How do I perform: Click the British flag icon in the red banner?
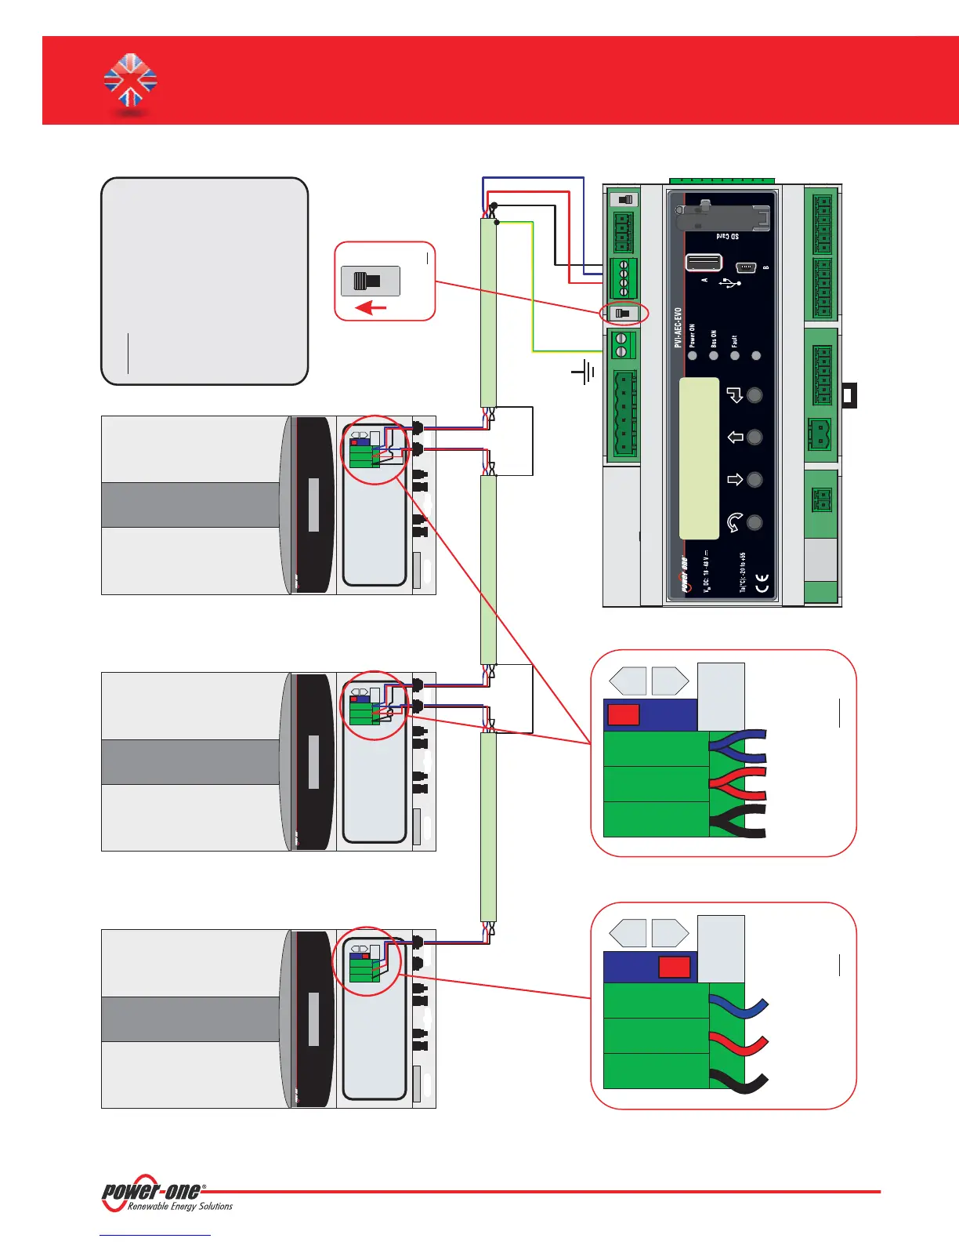[x=131, y=81]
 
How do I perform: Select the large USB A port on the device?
[x=704, y=263]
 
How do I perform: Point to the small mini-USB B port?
[x=746, y=267]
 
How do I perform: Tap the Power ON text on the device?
[x=692, y=336]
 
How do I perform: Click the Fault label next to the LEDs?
[x=734, y=341]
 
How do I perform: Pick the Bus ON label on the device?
[x=713, y=338]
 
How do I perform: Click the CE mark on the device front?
[x=761, y=583]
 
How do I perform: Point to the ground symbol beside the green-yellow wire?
[x=584, y=372]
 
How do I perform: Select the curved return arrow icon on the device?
[x=735, y=522]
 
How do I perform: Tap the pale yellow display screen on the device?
[x=699, y=459]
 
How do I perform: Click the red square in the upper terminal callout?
[x=624, y=714]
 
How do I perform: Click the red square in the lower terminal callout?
[x=674, y=967]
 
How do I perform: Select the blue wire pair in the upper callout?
[x=738, y=746]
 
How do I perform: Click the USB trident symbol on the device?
[x=730, y=281]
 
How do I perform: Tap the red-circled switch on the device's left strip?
[x=624, y=313]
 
